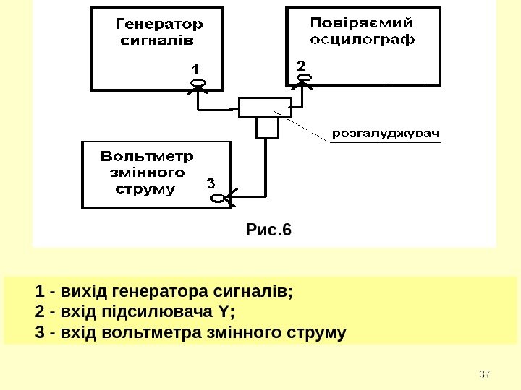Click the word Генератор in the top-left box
click(x=160, y=24)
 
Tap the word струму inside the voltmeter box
click(x=146, y=190)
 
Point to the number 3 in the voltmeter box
click(x=211, y=183)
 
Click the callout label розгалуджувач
click(x=386, y=134)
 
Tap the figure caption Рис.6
click(x=268, y=230)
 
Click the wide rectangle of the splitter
click(x=264, y=108)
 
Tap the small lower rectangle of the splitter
click(x=267, y=128)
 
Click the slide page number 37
click(x=485, y=374)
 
